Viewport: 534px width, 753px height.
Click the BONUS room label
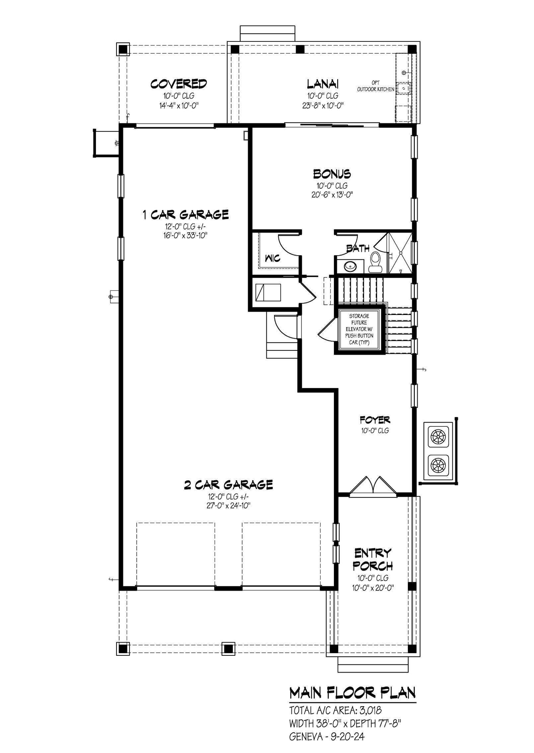coord(332,174)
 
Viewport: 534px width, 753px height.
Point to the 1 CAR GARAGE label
coord(186,215)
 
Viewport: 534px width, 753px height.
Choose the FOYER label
coord(375,420)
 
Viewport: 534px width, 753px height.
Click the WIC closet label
coord(272,258)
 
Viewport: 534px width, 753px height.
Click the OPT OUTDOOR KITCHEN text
coord(376,86)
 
